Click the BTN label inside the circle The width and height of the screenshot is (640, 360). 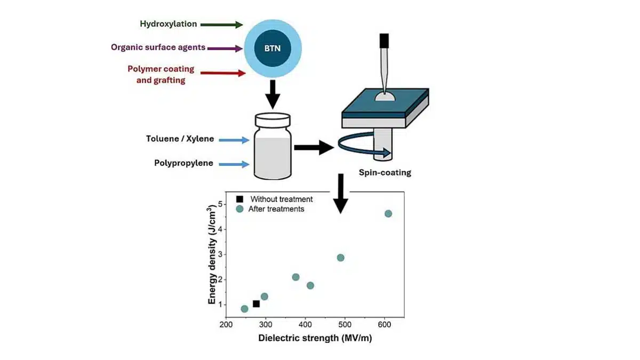[x=273, y=47]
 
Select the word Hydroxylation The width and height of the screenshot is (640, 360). [x=169, y=24]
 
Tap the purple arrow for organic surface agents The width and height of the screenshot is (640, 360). [x=224, y=49]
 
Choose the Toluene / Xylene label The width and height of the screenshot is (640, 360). [x=180, y=139]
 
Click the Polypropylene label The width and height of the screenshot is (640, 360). [x=184, y=163]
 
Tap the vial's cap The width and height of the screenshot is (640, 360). [x=272, y=119]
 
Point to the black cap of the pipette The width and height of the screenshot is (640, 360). [x=384, y=41]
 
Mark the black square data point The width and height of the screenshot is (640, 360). [x=256, y=304]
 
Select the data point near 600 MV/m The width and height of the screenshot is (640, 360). [x=388, y=214]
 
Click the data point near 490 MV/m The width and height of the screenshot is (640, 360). [x=341, y=258]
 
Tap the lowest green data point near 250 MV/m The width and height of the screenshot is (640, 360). [x=244, y=309]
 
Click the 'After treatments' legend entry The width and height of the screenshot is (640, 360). [x=276, y=209]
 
